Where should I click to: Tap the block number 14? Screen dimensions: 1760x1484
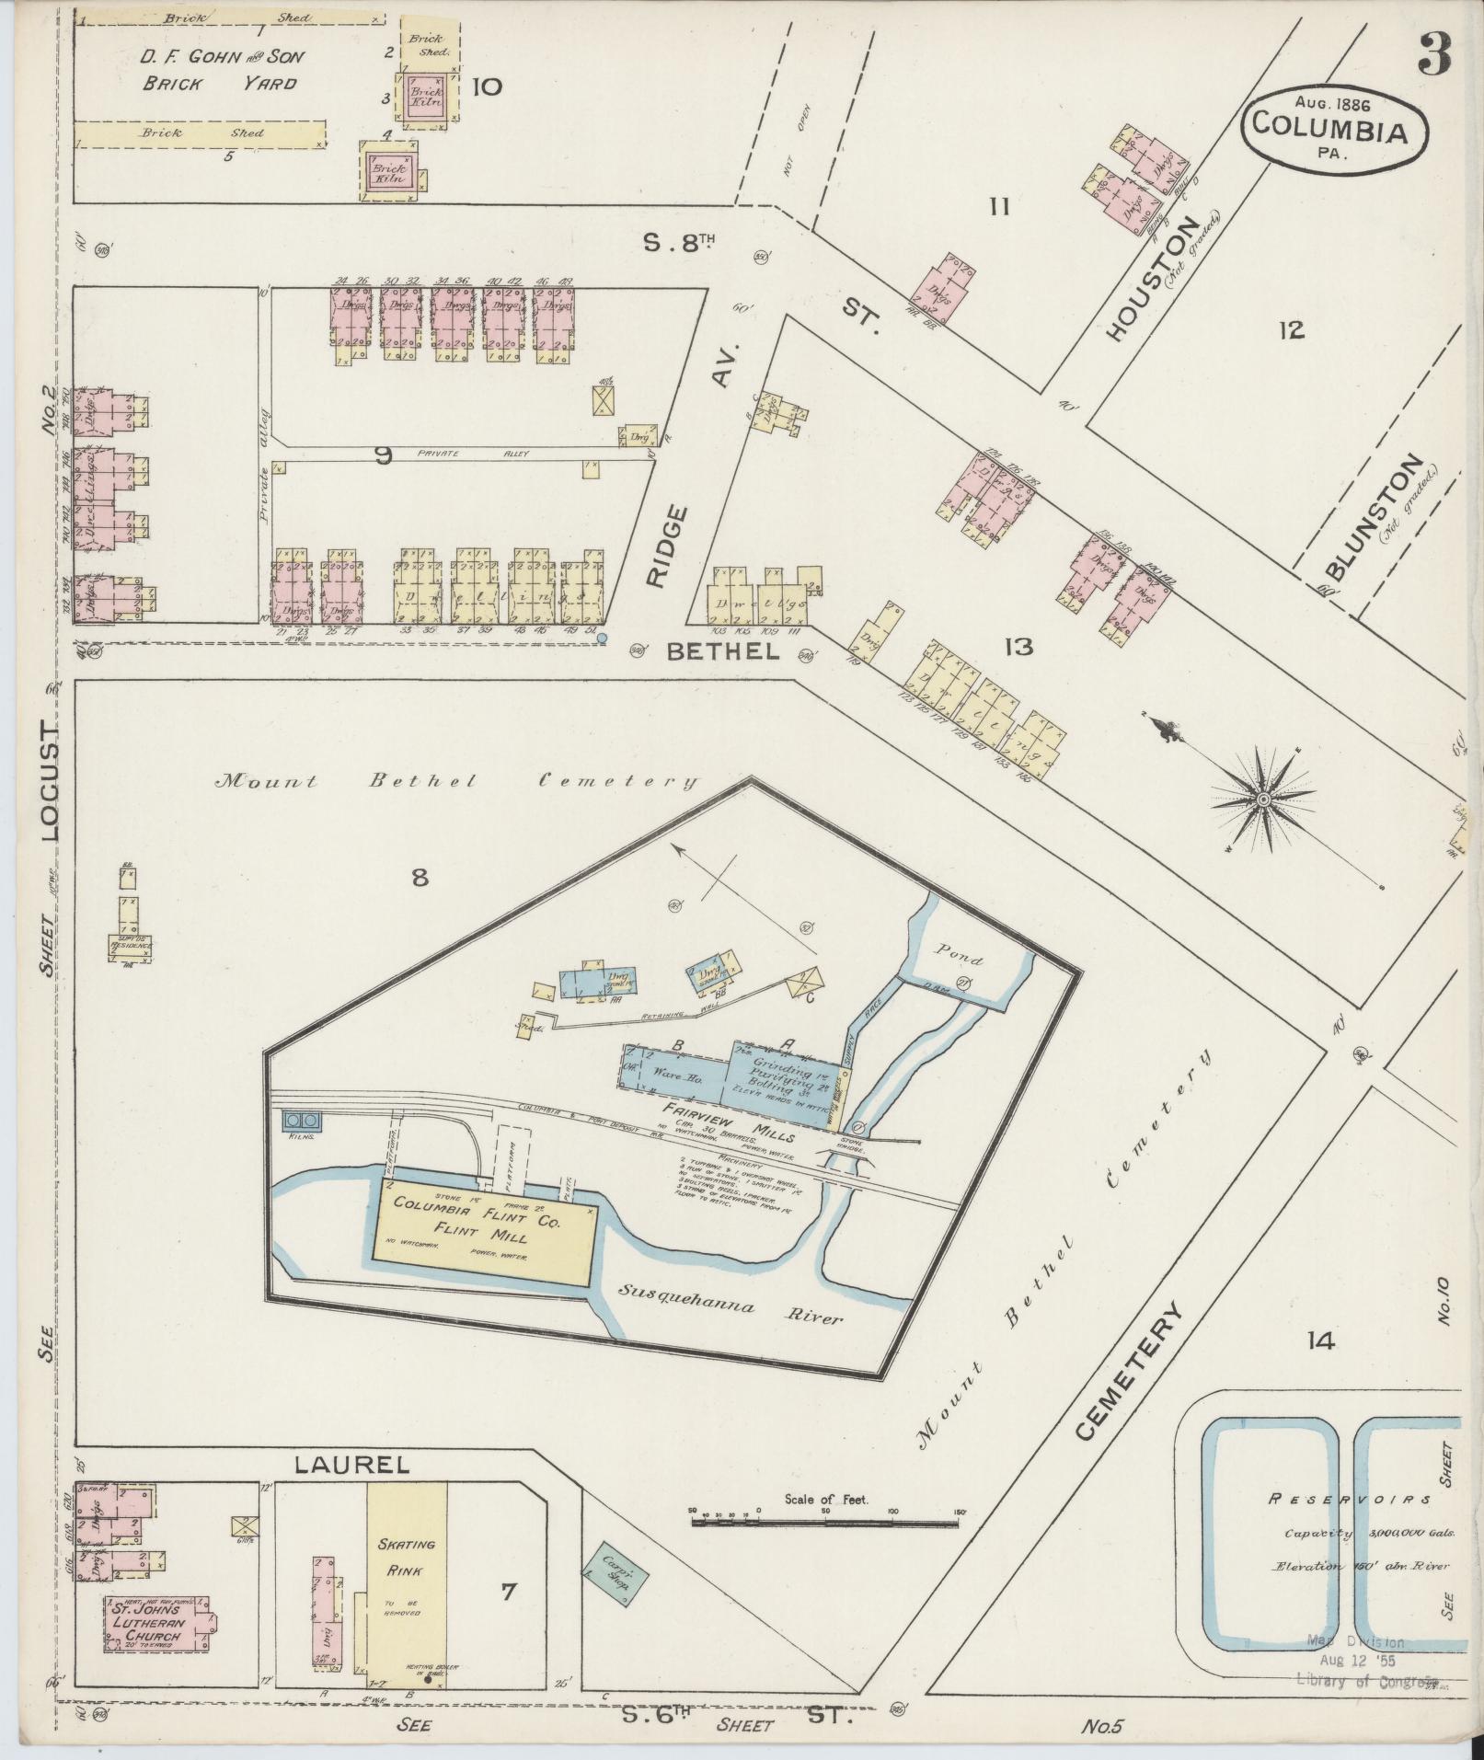coord(1320,1342)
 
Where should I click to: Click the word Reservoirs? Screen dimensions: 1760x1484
coord(1350,1500)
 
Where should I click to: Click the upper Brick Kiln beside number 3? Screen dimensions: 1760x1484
coord(426,97)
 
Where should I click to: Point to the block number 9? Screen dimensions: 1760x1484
coord(385,454)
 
